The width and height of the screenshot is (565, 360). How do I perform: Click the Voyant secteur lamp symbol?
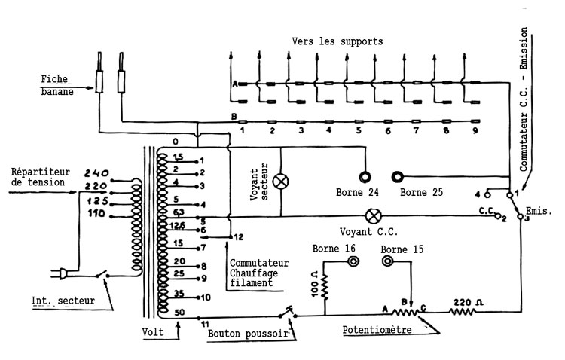[x=281, y=182]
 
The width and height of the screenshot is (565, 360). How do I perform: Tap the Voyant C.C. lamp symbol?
[x=374, y=216]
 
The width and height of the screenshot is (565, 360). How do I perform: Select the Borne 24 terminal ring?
[x=365, y=177]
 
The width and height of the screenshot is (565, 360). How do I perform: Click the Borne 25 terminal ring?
[x=398, y=177]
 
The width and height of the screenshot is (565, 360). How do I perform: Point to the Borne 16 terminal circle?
[x=353, y=261]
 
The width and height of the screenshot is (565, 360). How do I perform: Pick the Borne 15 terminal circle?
[x=387, y=261]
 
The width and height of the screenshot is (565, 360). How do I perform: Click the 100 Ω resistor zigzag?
[x=325, y=287]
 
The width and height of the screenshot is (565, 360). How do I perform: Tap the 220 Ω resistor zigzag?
[x=463, y=311]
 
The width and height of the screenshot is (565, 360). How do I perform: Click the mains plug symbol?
[x=59, y=273]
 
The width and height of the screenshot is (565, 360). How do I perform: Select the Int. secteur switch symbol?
[x=102, y=274]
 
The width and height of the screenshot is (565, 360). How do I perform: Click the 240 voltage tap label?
[x=96, y=173]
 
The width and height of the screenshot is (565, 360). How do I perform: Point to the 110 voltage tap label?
[x=96, y=214]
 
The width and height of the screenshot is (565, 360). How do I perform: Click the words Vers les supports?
[x=337, y=41]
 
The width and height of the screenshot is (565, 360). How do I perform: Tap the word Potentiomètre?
[x=377, y=330]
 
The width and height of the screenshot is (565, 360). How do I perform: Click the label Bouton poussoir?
[x=249, y=334]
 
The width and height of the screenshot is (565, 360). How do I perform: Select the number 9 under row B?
[x=475, y=130]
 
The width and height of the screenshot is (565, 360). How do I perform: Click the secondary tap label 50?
[x=179, y=312]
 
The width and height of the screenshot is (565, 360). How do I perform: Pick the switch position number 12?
[x=239, y=237]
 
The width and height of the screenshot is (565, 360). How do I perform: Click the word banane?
[x=57, y=92]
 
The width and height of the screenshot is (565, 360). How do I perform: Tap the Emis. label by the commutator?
[x=539, y=210]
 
